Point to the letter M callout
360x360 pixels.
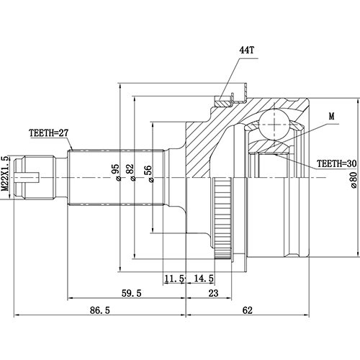[x=331, y=116]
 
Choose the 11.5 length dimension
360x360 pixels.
[x=173, y=278]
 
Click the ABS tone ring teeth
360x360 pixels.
[x=225, y=216]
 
